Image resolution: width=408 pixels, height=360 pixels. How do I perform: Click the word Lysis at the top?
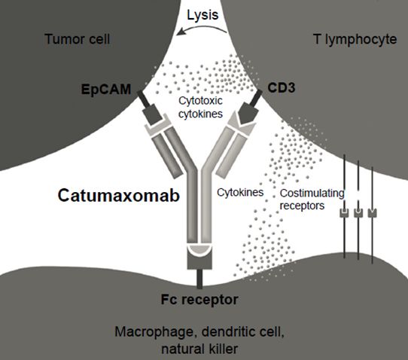[202, 15]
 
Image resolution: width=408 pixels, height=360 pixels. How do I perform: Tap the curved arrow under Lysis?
[202, 28]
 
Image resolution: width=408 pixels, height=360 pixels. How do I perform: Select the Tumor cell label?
[78, 39]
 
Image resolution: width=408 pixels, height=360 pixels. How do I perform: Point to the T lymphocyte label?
[355, 40]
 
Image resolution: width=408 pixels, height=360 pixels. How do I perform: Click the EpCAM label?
[106, 90]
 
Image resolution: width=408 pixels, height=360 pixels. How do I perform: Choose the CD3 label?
[282, 87]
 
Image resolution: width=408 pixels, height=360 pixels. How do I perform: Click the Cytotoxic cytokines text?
[200, 107]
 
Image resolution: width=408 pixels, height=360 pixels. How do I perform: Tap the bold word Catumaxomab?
[119, 195]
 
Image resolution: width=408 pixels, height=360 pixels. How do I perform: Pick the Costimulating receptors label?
[312, 200]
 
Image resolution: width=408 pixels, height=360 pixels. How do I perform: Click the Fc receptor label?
[199, 300]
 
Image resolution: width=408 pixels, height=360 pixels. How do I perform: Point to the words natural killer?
[199, 349]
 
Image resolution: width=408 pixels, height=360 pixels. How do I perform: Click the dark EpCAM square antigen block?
[153, 114]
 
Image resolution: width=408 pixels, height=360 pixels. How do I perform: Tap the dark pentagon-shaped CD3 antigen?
[248, 112]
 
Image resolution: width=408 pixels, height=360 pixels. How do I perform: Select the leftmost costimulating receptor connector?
[344, 212]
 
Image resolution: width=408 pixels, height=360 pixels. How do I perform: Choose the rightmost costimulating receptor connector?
[373, 212]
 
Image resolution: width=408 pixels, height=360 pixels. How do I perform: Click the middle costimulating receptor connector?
[358, 212]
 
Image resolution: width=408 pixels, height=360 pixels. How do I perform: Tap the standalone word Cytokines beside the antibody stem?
[240, 193]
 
